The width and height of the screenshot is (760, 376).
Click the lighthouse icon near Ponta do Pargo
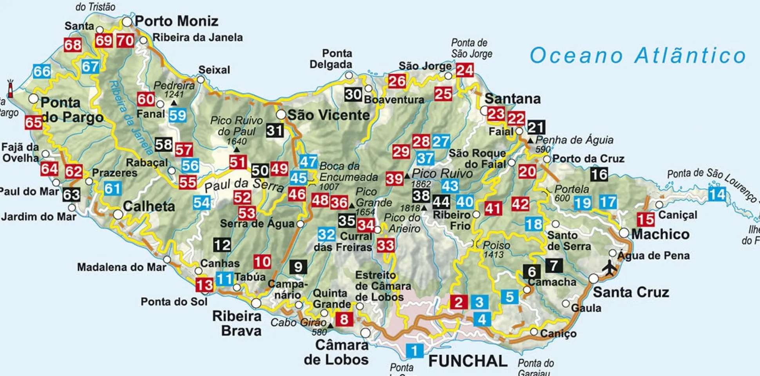11,89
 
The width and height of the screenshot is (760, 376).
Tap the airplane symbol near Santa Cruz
610,268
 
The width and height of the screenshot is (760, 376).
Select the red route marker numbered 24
465,70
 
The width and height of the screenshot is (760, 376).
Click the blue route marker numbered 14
717,195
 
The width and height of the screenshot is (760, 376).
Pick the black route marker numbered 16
599,174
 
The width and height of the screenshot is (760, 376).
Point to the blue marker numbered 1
414,350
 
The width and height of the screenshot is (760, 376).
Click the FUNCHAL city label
468,361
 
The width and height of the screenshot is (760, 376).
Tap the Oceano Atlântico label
637,55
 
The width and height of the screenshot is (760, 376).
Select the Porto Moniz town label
176,21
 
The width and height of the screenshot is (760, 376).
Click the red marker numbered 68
73,45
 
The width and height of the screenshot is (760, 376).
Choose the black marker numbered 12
222,245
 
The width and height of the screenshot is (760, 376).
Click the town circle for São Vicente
281,115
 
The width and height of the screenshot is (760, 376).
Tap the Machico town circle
624,233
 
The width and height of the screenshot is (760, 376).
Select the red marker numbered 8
344,319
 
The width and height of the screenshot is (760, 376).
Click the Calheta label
149,206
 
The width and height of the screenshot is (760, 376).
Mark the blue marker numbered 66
42,71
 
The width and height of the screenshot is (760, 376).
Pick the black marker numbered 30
353,94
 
